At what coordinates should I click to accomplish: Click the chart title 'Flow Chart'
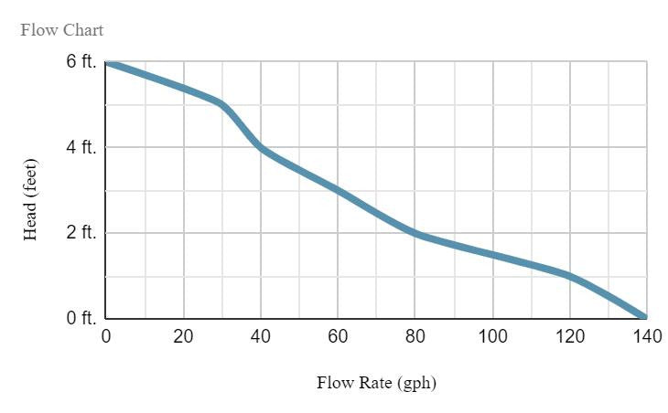coord(62,30)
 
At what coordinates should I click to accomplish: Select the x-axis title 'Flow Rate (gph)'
coord(376,383)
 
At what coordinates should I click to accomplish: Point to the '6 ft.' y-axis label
coord(81,62)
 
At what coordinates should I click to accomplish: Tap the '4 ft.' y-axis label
coord(81,147)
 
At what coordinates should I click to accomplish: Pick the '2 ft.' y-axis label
coord(81,233)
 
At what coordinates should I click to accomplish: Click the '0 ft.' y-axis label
coord(81,319)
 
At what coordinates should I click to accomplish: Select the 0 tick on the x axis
coord(106,336)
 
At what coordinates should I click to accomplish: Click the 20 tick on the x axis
coord(183,336)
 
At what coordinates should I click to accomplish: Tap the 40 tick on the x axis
coord(261,336)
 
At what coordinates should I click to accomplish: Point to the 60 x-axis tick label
coord(338,336)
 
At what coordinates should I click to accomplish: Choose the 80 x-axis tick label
coord(415,336)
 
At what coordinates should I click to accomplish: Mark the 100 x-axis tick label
coord(492,336)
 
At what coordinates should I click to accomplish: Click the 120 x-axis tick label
coord(569,336)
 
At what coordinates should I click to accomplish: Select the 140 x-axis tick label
coord(646,336)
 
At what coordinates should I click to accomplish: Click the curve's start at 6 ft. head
coord(108,63)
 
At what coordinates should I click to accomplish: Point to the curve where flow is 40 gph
coord(261,147)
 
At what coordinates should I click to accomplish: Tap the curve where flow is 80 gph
coord(415,233)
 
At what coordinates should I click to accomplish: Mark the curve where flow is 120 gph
coord(569,275)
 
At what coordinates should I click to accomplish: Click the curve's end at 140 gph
coord(645,317)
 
